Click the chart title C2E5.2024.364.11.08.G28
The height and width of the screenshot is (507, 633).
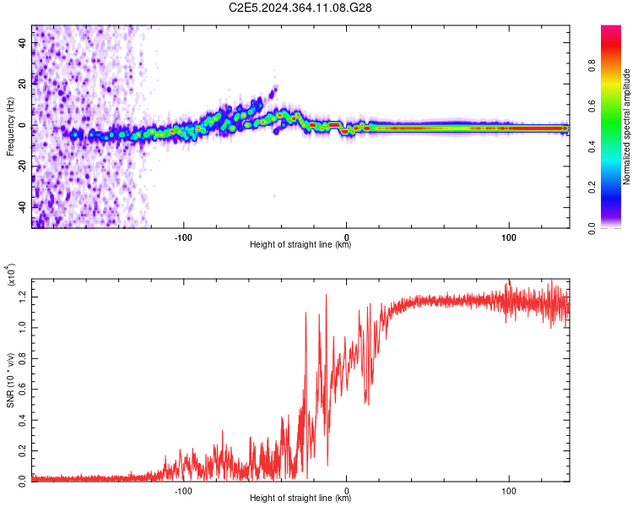300,8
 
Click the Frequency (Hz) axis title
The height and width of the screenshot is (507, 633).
10,126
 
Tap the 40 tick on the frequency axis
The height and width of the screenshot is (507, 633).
23,44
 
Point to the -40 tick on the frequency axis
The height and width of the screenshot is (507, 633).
21,206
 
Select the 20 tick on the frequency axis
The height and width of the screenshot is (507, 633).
23,84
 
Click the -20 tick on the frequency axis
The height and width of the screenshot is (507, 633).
21,166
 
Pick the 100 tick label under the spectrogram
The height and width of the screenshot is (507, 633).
509,236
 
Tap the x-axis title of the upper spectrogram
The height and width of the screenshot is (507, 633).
300,245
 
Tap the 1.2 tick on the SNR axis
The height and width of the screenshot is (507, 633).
23,294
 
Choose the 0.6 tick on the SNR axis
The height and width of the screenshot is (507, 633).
23,387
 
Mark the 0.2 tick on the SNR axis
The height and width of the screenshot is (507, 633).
23,449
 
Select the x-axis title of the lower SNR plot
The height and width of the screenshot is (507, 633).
300,499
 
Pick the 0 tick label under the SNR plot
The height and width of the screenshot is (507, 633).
348,489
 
